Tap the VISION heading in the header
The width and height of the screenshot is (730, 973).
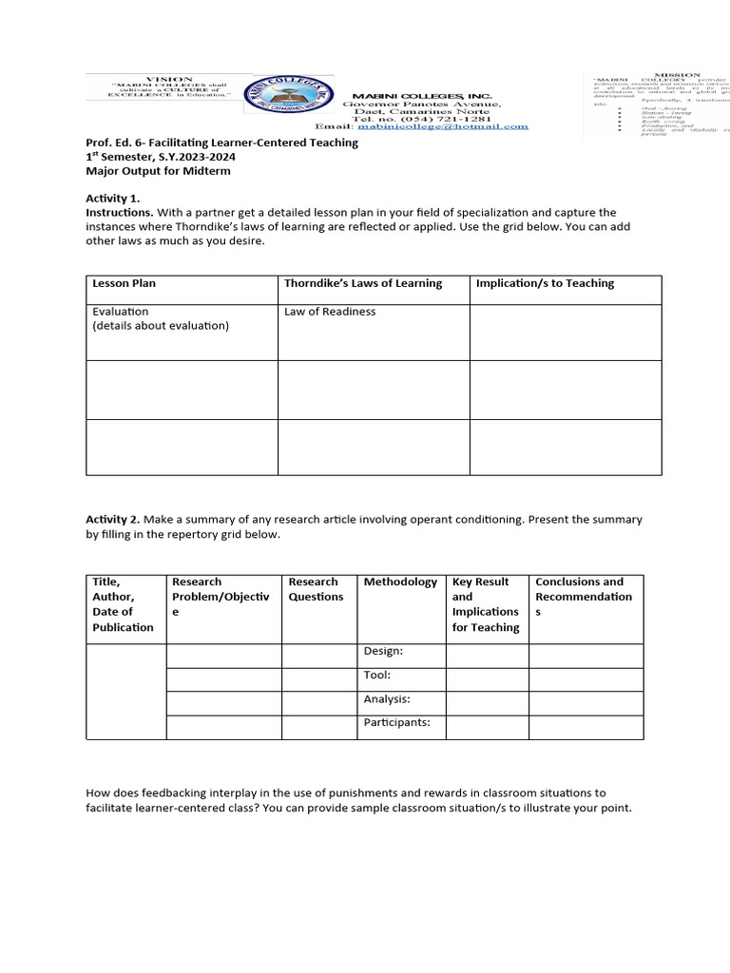(x=168, y=79)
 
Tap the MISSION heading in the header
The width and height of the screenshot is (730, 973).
(x=676, y=74)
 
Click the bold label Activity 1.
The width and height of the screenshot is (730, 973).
(x=113, y=198)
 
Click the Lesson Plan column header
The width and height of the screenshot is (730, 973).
(x=124, y=283)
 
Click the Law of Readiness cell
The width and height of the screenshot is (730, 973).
(x=330, y=312)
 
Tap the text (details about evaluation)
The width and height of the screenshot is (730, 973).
(x=161, y=326)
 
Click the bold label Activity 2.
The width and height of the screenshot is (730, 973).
(x=113, y=520)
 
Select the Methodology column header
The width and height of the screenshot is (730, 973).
(x=400, y=582)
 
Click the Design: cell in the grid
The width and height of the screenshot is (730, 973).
(x=383, y=651)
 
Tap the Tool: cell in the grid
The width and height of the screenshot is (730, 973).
(x=377, y=676)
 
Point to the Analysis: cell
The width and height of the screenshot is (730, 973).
(x=387, y=699)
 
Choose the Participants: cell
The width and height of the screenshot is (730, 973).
(x=396, y=722)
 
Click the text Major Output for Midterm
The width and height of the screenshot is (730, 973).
(x=158, y=171)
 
